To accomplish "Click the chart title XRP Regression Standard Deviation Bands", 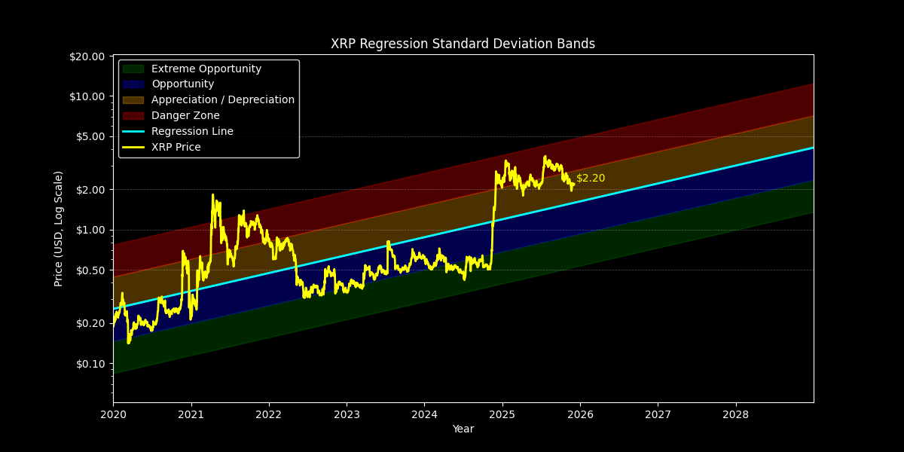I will point(463,44).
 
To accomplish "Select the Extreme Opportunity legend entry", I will point(206,69).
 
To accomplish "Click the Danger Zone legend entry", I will point(185,115).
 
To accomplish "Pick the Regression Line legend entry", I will point(192,131).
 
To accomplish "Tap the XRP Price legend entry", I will point(176,147).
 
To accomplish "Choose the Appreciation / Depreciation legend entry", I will point(222,99).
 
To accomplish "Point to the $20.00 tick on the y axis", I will point(87,56).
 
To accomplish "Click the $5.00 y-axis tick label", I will point(89,136).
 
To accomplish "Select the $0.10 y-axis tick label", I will point(89,363).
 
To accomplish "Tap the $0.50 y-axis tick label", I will point(89,270).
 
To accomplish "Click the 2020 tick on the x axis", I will point(113,414).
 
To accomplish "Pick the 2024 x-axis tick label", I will point(424,414).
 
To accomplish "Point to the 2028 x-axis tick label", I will point(735,414).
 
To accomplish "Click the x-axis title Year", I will point(463,429).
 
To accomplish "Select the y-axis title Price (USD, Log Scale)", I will point(59,228).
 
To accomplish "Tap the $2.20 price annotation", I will point(591,179).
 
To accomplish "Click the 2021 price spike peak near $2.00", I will point(212,195).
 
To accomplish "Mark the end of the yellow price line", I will point(574,184).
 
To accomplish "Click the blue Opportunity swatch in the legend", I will point(133,84).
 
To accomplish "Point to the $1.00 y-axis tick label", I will point(89,230).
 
